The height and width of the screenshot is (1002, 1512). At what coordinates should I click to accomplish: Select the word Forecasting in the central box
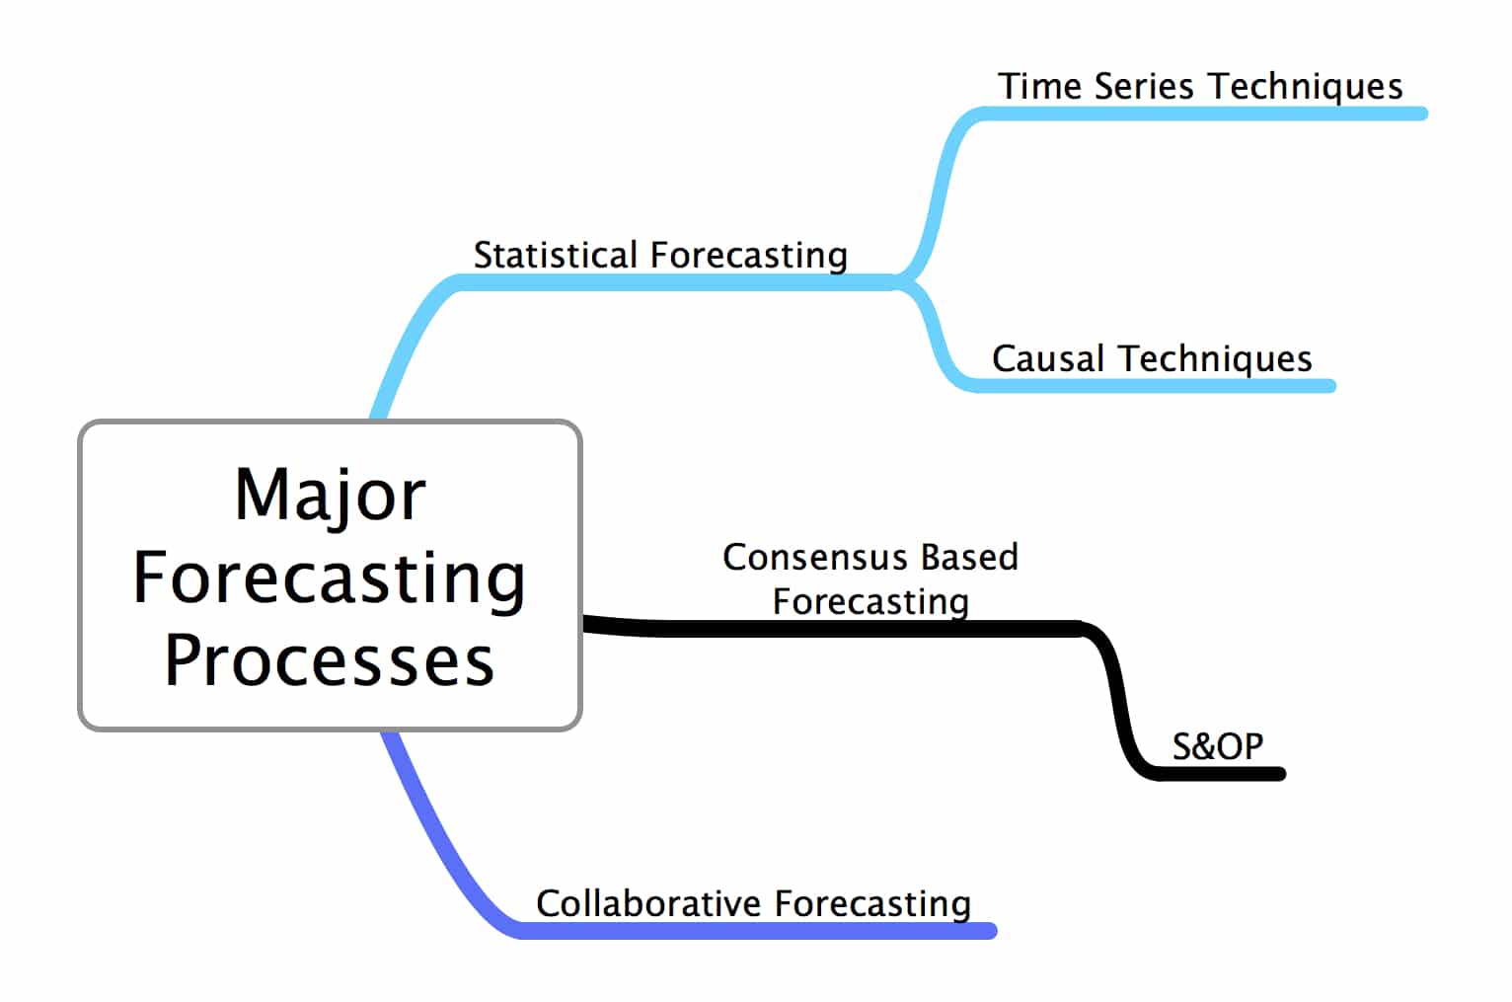(330, 579)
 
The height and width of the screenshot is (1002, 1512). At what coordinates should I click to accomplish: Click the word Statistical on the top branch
(556, 256)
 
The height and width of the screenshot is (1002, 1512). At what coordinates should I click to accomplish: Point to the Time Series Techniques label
(1200, 88)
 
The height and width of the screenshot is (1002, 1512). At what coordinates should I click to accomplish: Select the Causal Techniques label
(1152, 359)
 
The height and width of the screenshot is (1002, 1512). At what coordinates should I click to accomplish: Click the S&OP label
(1218, 746)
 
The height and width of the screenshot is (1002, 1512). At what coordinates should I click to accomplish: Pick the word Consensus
(815, 558)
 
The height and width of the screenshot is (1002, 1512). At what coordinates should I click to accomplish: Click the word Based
(970, 558)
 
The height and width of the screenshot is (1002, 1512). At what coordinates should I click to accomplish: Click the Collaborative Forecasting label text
(754, 905)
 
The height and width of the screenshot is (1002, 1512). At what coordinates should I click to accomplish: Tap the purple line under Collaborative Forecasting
(756, 930)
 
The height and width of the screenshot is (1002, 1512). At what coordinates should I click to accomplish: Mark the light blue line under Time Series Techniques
(1201, 114)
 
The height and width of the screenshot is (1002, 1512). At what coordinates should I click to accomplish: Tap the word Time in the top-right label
(1039, 87)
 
